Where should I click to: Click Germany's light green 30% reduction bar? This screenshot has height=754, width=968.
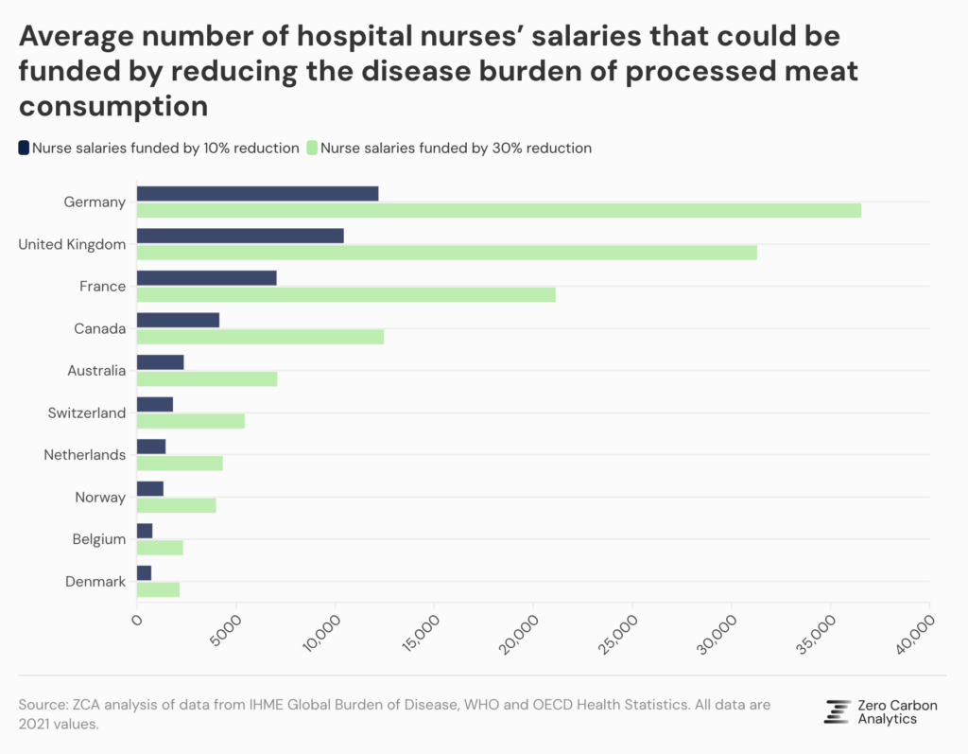tap(498, 210)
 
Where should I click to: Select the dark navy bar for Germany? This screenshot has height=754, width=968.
tap(257, 194)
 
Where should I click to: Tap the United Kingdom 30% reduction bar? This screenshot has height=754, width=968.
tap(446, 253)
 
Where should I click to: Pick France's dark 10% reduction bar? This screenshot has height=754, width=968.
tap(206, 278)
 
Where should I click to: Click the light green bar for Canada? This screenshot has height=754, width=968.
tap(260, 337)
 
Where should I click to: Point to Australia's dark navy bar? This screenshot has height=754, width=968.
tap(160, 362)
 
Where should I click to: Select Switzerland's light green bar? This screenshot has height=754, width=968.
tap(190, 421)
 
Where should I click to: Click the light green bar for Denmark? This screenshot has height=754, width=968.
tap(158, 589)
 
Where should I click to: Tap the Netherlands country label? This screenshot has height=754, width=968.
tap(84, 455)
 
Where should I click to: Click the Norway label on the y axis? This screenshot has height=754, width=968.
tap(100, 497)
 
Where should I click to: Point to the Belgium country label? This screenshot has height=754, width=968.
tap(99, 539)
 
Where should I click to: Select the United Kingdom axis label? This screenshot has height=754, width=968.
tap(72, 244)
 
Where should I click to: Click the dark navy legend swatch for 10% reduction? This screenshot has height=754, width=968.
tap(24, 148)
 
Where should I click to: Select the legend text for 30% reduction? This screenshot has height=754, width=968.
tap(457, 148)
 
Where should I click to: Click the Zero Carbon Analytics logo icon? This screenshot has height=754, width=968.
tap(837, 712)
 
